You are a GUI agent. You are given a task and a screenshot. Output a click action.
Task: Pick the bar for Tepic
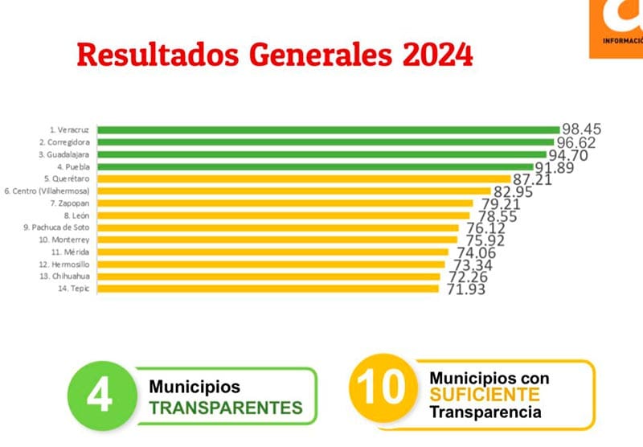pos(268,288)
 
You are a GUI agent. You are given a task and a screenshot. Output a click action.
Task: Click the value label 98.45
pos(582,129)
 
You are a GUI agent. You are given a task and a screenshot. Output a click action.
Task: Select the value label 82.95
pos(513,192)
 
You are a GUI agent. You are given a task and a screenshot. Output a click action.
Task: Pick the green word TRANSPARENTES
pos(226,408)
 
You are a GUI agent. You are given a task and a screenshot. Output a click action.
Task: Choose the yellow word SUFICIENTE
pos(484,394)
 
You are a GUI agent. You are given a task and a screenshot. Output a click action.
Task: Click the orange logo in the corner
pos(617,28)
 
